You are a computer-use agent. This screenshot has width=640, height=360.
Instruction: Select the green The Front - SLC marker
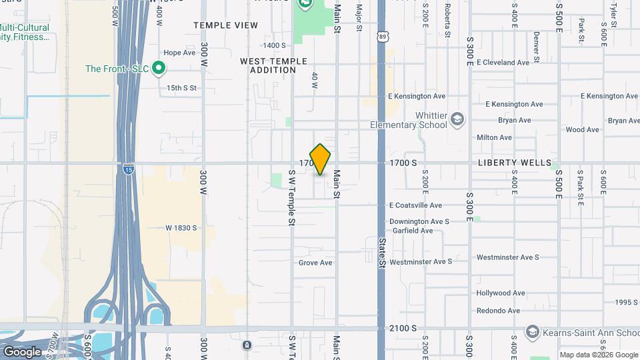(x=159, y=69)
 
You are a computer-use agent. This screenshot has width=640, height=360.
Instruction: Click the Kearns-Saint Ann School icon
(x=532, y=331)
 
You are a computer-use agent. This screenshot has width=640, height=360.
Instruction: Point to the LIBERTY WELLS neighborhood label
(x=515, y=163)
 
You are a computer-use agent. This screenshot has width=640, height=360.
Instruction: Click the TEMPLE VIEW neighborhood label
(x=225, y=25)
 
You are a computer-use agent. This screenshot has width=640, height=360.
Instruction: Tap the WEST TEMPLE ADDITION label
(x=273, y=65)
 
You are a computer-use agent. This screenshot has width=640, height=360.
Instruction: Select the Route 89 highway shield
(x=381, y=38)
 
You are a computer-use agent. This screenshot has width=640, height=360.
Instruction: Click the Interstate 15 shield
(x=127, y=170)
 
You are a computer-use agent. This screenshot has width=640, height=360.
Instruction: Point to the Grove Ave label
(x=315, y=263)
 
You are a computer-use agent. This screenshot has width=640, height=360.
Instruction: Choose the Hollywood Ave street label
(x=501, y=293)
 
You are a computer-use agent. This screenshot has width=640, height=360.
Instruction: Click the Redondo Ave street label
(x=498, y=311)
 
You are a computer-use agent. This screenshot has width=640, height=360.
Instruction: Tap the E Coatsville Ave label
(x=415, y=205)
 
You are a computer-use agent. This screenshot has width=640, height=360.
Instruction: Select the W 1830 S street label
(x=181, y=227)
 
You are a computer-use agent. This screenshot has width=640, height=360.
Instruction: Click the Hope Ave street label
(x=179, y=53)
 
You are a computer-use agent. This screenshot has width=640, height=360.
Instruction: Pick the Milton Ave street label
(x=494, y=137)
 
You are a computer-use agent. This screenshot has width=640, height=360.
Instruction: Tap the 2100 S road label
(x=403, y=328)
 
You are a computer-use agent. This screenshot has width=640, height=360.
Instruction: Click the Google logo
(x=22, y=351)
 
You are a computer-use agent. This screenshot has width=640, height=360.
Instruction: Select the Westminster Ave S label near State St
(x=421, y=261)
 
